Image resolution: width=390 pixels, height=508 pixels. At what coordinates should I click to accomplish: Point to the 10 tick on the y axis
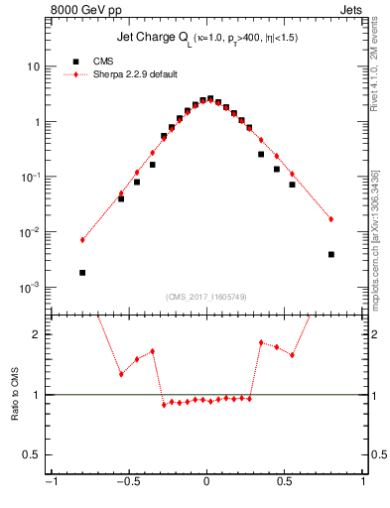click(32, 66)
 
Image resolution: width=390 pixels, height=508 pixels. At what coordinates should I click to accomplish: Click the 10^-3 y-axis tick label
click(29, 288)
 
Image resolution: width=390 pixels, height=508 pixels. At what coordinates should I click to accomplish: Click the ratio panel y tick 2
click(37, 334)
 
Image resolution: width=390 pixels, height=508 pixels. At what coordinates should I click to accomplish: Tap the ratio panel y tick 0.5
click(33, 454)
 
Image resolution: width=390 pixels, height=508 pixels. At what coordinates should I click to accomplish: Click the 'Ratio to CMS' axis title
click(15, 394)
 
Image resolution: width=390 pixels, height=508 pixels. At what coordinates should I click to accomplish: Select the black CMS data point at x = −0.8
click(82, 273)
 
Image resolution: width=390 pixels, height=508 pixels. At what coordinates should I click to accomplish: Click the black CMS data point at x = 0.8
click(330, 254)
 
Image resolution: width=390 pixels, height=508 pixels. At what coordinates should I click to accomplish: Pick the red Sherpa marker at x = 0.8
click(330, 219)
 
